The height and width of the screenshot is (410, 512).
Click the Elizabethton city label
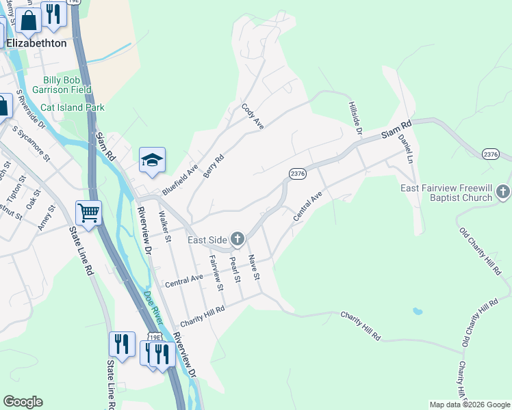tap(36, 42)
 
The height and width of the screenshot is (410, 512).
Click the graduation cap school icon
tap(153, 160)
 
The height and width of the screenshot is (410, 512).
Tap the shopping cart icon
tap(89, 213)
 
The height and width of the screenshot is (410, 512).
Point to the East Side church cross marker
tap(238, 238)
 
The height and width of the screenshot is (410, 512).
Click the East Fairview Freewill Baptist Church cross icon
tap(503, 191)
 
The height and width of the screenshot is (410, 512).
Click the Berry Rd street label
tap(214, 165)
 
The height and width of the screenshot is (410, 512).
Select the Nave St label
tap(253, 267)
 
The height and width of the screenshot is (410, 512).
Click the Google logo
tap(23, 402)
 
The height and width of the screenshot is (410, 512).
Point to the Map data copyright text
tap(469, 405)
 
